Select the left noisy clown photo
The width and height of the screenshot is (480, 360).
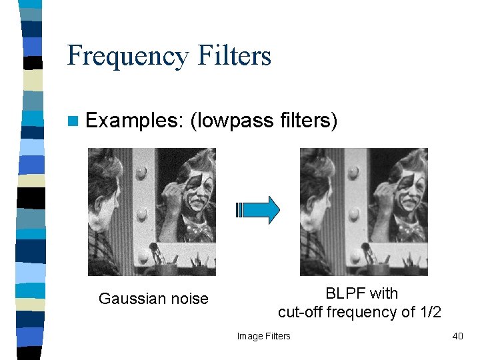pos(152,211)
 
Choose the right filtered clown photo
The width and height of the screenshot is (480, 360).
pos(363,211)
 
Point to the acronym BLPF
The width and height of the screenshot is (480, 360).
pos(346,293)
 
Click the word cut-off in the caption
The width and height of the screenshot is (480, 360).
pos(301,311)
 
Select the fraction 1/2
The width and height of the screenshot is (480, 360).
pos(429,311)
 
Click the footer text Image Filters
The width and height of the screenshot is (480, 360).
pos(264,336)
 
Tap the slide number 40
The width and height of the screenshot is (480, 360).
pos(457,336)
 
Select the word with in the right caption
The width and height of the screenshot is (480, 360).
pos(384,293)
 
